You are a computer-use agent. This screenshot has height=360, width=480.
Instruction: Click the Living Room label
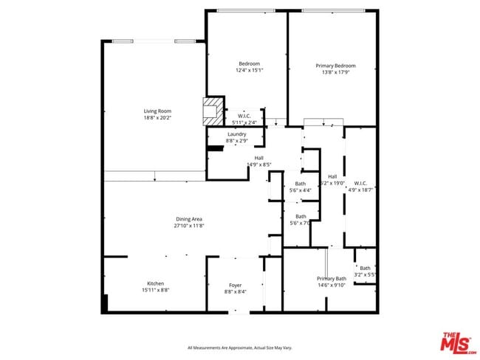[157, 111]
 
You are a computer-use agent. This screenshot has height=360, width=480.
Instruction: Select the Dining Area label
[189, 218]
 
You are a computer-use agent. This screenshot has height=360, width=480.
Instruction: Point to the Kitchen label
[155, 284]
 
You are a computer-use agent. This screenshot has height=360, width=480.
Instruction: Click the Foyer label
[235, 285]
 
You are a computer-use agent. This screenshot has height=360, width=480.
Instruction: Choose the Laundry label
[236, 134]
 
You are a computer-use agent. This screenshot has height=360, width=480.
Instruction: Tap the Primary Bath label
[332, 278]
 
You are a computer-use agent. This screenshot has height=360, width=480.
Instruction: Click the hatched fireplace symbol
[213, 110]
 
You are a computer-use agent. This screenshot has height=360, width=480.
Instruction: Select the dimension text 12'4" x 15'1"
[250, 71]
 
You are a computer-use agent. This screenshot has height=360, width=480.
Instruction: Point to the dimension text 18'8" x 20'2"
[157, 117]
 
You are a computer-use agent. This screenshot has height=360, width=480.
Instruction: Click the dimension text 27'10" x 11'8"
[189, 225]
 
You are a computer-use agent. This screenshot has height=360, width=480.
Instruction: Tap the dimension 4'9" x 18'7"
[361, 190]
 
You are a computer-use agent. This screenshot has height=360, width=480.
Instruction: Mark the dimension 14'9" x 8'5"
[259, 165]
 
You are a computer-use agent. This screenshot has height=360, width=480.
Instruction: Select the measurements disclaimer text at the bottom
[240, 347]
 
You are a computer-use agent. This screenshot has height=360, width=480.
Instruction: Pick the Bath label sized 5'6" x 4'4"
[301, 183]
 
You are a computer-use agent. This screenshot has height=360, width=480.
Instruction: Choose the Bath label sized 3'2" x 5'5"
[366, 268]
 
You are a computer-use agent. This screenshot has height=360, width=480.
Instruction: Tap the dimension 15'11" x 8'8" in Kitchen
[155, 291]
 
